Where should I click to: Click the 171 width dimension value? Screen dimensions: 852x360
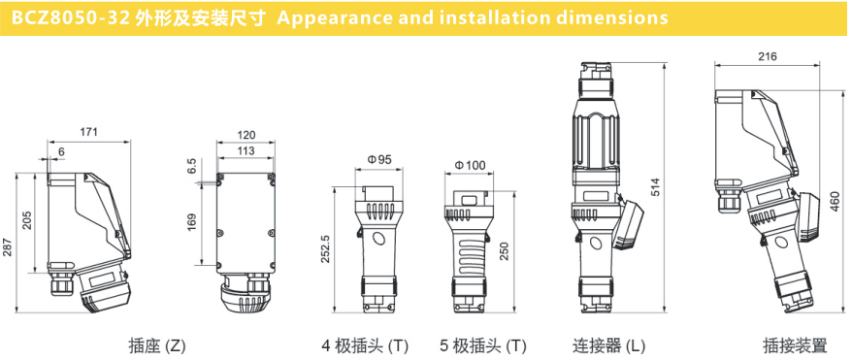tap(88, 131)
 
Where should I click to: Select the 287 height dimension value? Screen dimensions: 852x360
tap(7, 247)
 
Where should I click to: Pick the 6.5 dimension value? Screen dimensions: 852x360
tap(192, 166)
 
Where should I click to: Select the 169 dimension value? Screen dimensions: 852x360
tap(192, 222)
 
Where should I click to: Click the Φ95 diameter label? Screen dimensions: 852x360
tap(379, 159)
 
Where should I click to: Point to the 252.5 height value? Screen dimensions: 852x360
tap(325, 249)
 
